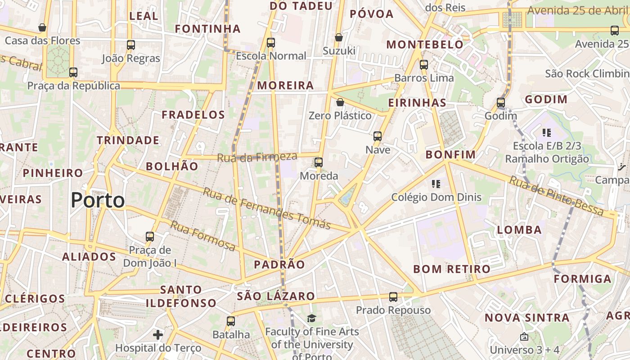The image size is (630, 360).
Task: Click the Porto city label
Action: pyautogui.click(x=98, y=200)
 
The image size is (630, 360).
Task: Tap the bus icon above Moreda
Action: pyautogui.click(x=319, y=162)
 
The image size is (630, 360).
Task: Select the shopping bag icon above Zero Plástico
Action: pyautogui.click(x=340, y=103)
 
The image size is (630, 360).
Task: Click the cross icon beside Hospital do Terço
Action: pyautogui.click(x=158, y=335)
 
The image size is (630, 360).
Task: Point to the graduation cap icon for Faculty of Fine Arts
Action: pyautogui.click(x=312, y=319)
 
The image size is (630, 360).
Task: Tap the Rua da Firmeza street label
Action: pyautogui.click(x=257, y=157)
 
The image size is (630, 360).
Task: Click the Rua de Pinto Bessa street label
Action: pyautogui.click(x=556, y=195)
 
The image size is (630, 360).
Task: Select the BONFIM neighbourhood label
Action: pyautogui.click(x=450, y=155)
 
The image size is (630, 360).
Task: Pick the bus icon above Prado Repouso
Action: pyautogui.click(x=393, y=297)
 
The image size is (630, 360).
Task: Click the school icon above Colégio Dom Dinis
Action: pyautogui.click(x=436, y=184)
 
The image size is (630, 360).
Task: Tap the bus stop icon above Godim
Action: pyautogui.click(x=501, y=103)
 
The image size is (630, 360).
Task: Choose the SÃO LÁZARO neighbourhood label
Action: pyautogui.click(x=276, y=296)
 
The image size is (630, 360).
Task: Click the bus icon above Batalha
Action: pyautogui.click(x=231, y=321)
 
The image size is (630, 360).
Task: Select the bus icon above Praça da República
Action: pyautogui.click(x=73, y=72)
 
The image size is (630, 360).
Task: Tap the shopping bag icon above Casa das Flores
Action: pyautogui.click(x=42, y=27)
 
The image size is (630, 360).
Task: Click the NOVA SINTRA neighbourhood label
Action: pyautogui.click(x=527, y=318)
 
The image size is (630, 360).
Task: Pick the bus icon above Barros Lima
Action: pyautogui.click(x=424, y=64)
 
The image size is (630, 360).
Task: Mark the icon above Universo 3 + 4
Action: pyautogui.click(x=524, y=337)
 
